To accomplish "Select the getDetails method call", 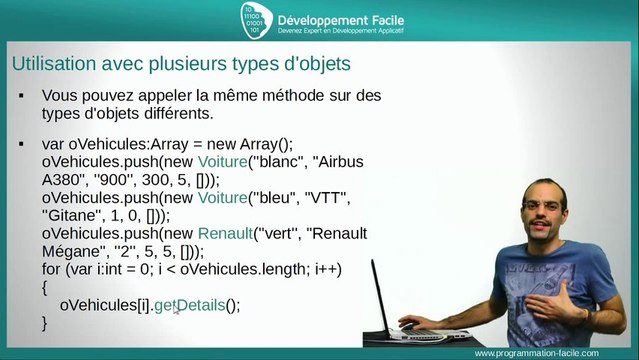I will click(197, 305).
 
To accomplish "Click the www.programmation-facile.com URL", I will click(550, 353).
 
